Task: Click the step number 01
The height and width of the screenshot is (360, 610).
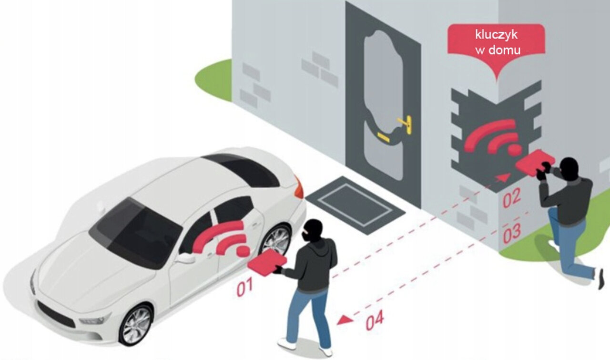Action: [244, 288]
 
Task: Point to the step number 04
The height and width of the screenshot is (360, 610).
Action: [375, 322]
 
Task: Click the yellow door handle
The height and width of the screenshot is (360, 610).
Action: [404, 125]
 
